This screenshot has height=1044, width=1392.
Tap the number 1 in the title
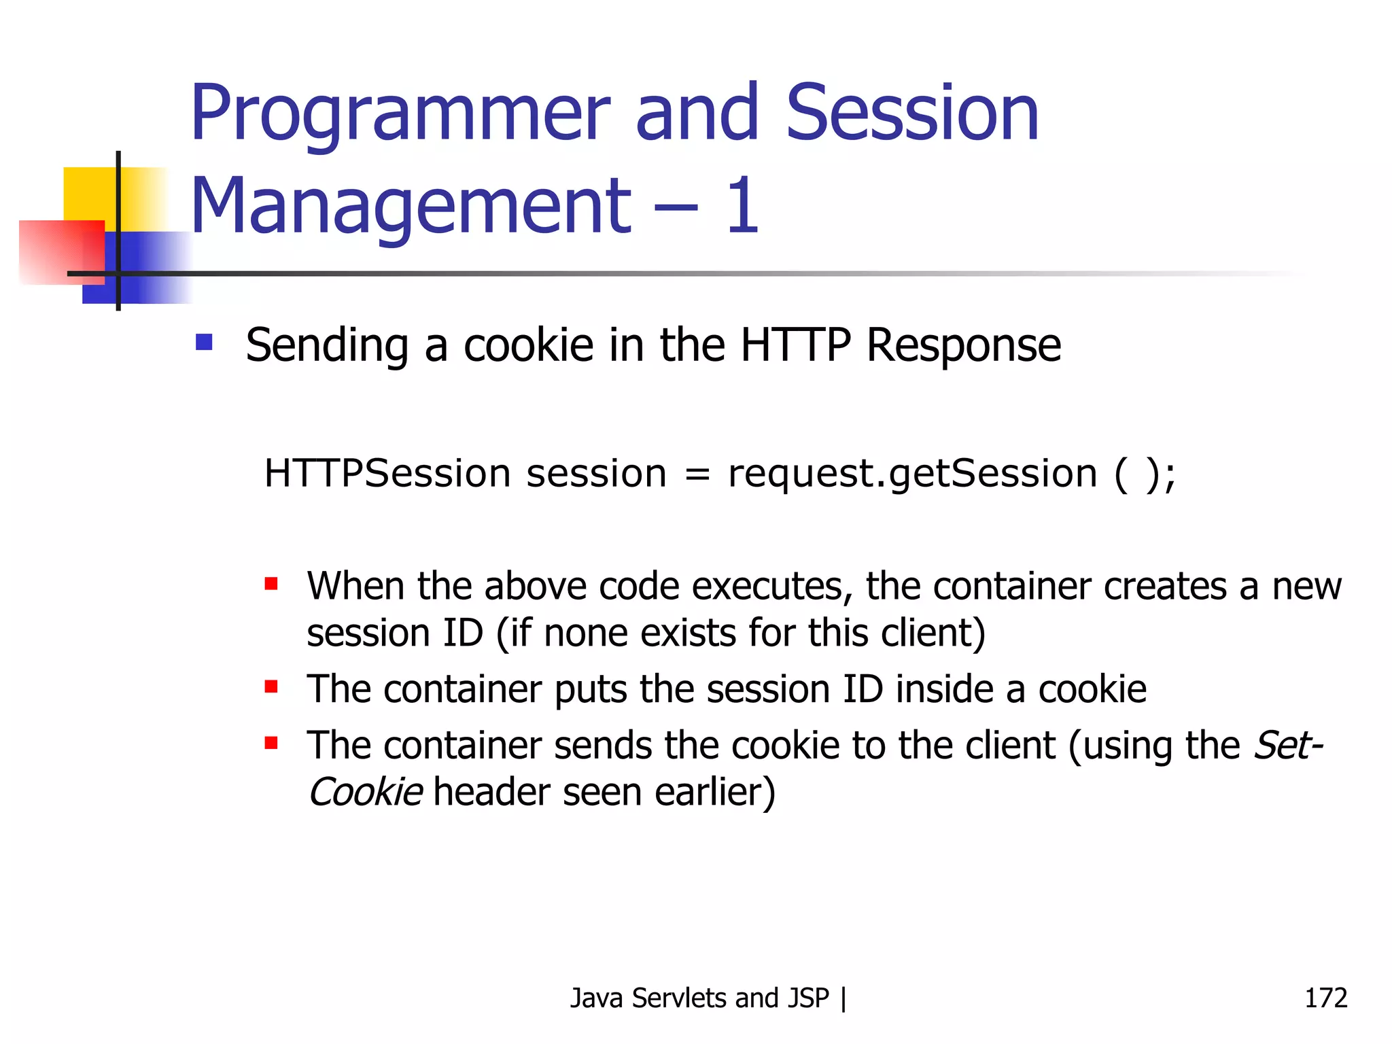pyautogui.click(x=742, y=206)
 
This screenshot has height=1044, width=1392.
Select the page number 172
pyautogui.click(x=1325, y=998)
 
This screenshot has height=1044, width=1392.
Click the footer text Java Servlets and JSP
pyautogui.click(x=699, y=998)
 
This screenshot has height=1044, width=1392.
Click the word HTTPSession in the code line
pyautogui.click(x=387, y=474)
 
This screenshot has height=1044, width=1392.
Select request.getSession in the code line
pyautogui.click(x=911, y=474)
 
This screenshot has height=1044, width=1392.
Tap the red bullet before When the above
pyautogui.click(x=271, y=584)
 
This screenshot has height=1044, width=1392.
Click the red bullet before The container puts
pyautogui.click(x=271, y=686)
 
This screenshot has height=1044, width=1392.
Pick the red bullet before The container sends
pyautogui.click(x=271, y=743)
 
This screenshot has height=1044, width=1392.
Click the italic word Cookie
pyautogui.click(x=366, y=793)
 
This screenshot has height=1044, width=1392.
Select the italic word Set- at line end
pyautogui.click(x=1288, y=746)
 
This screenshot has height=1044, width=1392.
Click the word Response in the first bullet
pyautogui.click(x=963, y=345)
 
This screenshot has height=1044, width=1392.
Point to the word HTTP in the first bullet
pyautogui.click(x=795, y=345)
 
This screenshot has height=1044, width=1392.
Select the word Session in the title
pyautogui.click(x=911, y=114)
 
